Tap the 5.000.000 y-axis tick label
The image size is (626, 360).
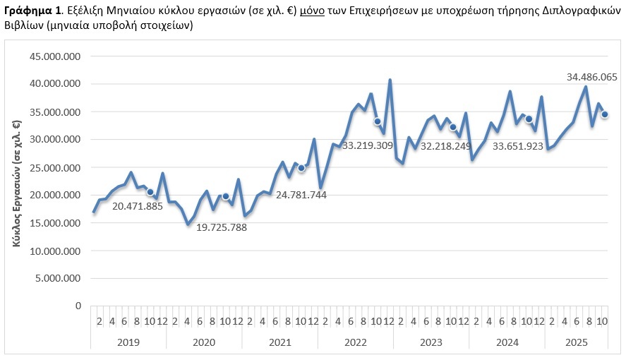click(60, 278)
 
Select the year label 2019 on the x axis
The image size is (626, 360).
click(128, 342)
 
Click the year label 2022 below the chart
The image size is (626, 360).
click(355, 342)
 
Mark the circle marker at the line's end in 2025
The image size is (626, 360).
click(605, 115)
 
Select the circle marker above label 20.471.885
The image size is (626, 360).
click(150, 192)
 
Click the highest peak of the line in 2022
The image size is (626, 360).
click(390, 80)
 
